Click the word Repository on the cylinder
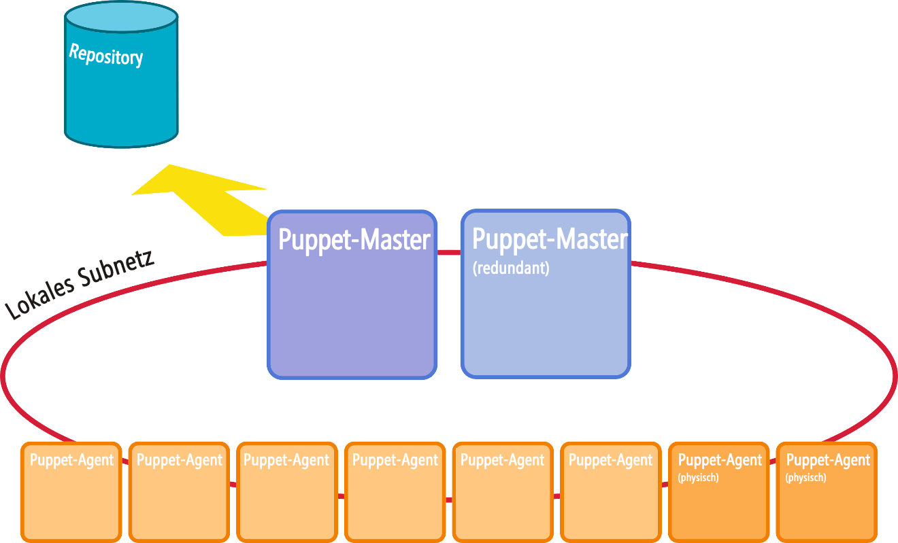106,55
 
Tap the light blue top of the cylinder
121,17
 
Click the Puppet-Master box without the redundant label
352,294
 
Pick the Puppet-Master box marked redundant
546,294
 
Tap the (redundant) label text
511,268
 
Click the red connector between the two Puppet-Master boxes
449,252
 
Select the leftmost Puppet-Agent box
71,492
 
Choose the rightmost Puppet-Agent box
827,492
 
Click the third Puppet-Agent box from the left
287,492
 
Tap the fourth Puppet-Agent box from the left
395,492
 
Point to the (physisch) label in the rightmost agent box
805,478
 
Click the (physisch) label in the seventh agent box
699,478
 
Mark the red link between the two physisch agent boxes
773,461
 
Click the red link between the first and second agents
125,461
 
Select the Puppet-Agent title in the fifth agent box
503,460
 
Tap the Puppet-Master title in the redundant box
550,239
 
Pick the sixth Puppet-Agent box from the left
611,492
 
